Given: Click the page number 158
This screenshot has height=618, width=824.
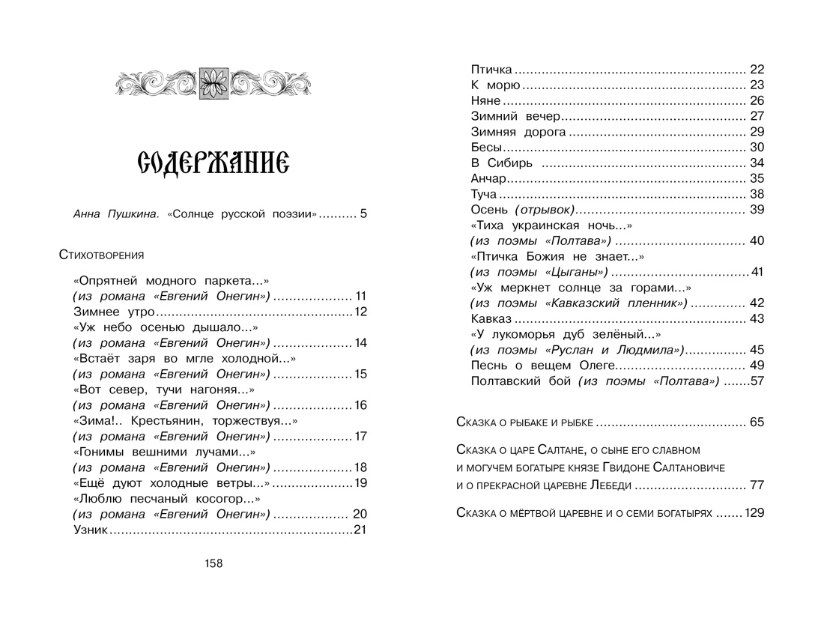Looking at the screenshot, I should pos(213,564).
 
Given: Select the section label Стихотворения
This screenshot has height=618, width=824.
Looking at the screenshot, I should pos(101,255).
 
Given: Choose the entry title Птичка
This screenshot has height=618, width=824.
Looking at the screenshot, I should pos(491,70).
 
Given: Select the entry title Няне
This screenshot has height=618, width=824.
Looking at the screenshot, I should pos(485,100).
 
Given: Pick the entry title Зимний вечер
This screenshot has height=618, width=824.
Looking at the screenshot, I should pos(515,116).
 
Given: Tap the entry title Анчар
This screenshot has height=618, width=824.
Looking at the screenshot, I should pos(489,178).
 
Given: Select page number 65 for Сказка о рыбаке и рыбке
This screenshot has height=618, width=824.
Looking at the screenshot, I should pos(756,422).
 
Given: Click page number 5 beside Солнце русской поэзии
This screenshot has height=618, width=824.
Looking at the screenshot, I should pos(363,214).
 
